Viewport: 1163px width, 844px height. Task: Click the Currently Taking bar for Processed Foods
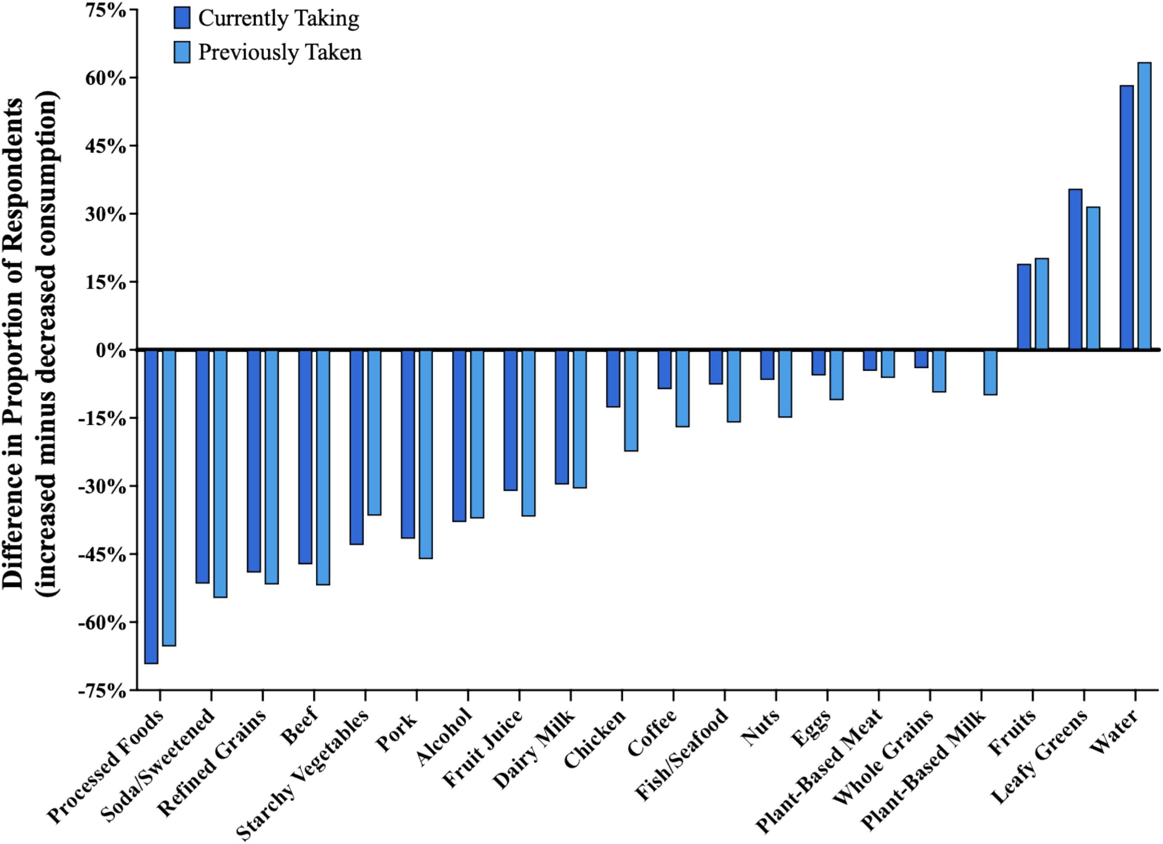coord(151,506)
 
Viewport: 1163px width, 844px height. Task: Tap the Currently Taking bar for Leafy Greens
coord(1075,270)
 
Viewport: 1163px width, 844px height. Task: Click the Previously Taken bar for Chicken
coord(631,400)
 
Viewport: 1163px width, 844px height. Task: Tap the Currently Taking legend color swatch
coord(182,18)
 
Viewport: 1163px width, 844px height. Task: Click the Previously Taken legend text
coord(280,52)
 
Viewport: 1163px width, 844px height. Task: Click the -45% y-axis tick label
coord(102,555)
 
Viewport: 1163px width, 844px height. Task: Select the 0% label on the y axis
coord(111,351)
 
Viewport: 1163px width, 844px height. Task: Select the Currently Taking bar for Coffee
coord(664,370)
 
